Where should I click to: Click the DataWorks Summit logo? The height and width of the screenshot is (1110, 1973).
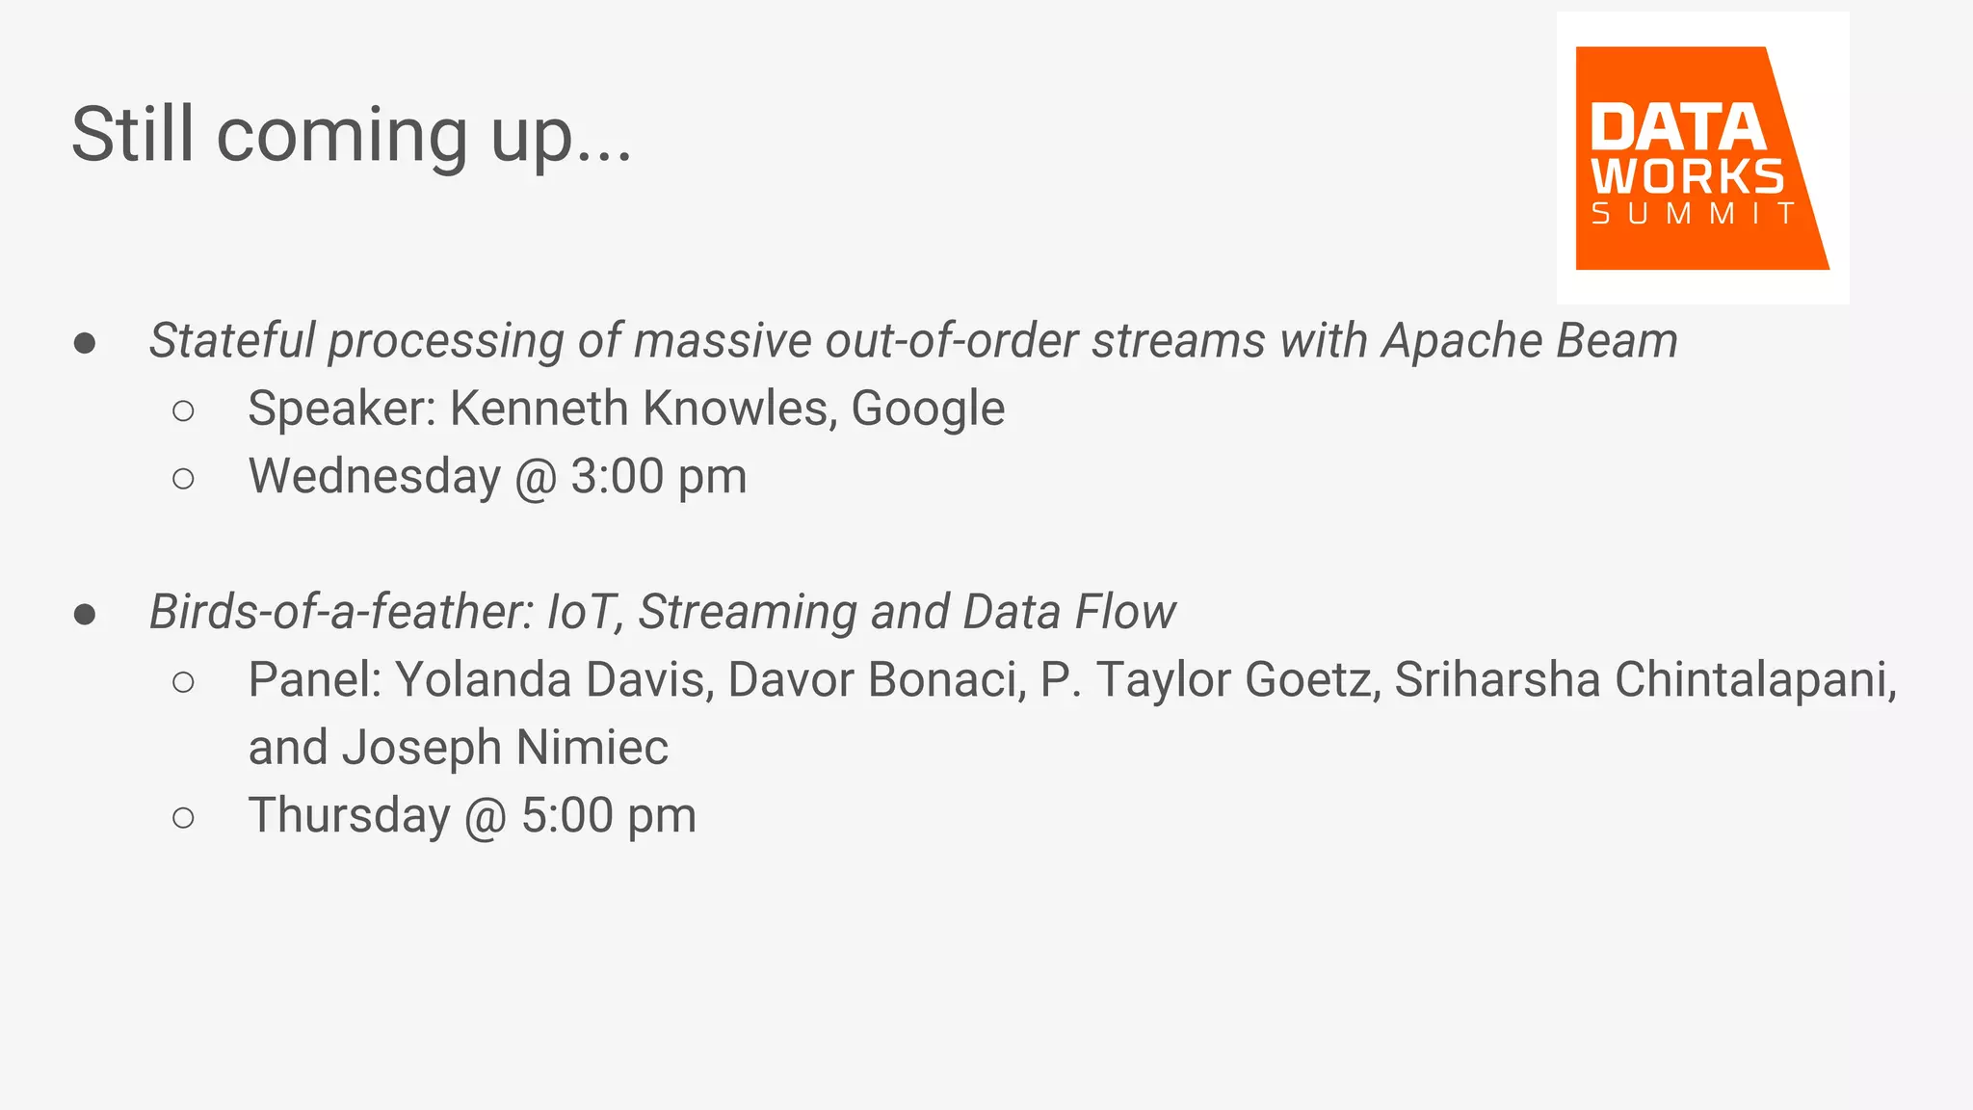[1701, 158]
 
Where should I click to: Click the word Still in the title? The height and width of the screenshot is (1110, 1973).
[133, 135]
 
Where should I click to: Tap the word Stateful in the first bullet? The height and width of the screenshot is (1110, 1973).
[232, 341]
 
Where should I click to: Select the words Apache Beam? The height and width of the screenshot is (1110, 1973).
[1530, 341]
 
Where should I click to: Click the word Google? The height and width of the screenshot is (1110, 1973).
[928, 409]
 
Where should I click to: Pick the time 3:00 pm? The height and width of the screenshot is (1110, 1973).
[659, 477]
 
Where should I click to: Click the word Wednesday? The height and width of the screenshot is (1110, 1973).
[375, 477]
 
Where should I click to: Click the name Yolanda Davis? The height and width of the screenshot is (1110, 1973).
[554, 680]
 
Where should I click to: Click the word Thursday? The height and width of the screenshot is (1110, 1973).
[350, 816]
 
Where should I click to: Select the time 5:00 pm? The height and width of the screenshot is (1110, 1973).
[609, 816]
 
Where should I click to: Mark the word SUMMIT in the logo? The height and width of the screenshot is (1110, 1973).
[1693, 214]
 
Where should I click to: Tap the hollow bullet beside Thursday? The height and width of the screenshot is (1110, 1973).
[183, 818]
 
